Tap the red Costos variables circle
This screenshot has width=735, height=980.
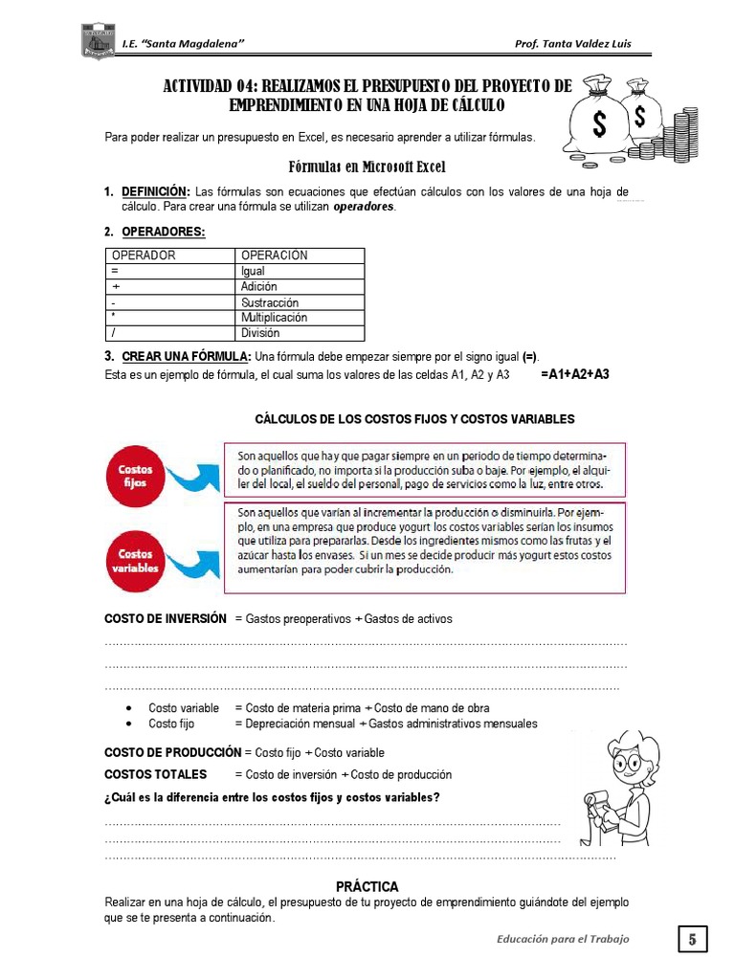(138, 559)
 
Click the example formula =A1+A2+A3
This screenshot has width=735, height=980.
(574, 374)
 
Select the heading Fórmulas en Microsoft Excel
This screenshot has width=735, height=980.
(367, 166)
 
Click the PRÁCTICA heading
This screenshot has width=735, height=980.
(367, 886)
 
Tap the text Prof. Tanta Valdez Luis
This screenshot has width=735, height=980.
(572, 43)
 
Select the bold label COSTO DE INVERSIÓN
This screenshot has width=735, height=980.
(166, 618)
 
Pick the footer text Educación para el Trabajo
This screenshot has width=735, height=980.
(563, 939)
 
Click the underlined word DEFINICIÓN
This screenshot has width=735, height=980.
(156, 191)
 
